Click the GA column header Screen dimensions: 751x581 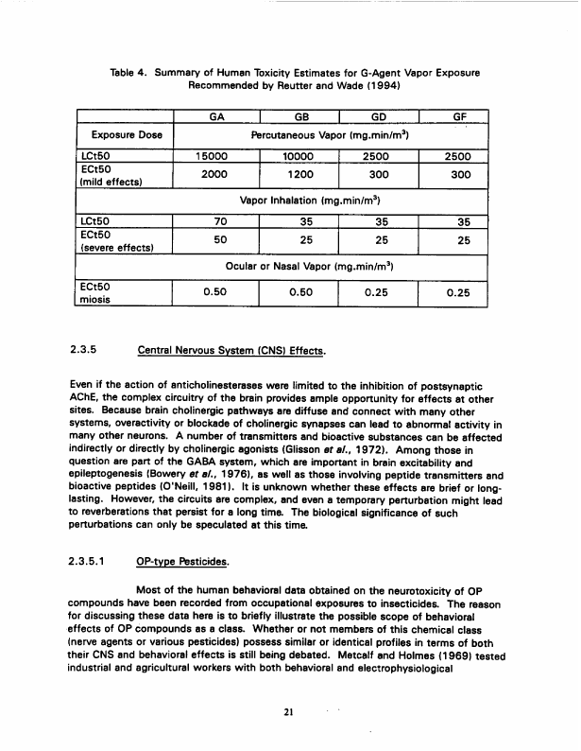[217, 119]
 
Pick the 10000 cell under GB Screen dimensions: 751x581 [299, 158]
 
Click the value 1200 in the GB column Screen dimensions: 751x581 [299, 175]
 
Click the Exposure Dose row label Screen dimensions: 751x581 [122, 135]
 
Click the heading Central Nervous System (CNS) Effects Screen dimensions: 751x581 [231, 353]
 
